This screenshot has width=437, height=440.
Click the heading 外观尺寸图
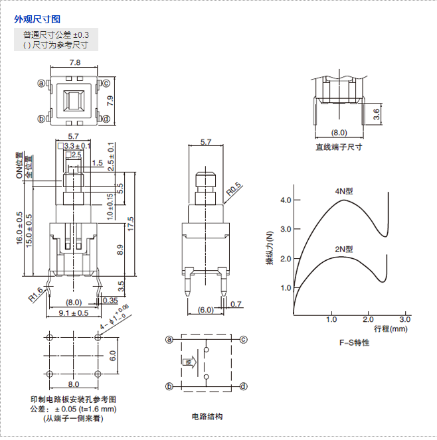pyautogui.click(x=37, y=19)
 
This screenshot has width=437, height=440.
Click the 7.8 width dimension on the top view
pyautogui.click(x=74, y=63)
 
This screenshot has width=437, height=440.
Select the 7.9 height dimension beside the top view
pyautogui.click(x=111, y=102)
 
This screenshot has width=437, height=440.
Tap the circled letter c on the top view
pyautogui.click(x=105, y=84)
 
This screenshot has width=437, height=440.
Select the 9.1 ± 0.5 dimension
pyautogui.click(x=73, y=313)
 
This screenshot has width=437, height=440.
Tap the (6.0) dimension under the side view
pyautogui.click(x=206, y=309)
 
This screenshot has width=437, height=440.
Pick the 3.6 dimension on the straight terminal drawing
pyautogui.click(x=377, y=113)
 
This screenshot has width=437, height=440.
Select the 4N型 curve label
pyautogui.click(x=344, y=190)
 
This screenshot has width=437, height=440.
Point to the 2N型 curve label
pyautogui.click(x=343, y=249)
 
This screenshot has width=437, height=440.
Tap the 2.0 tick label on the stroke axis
pyautogui.click(x=369, y=319)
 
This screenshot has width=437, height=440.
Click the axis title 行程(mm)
pyautogui.click(x=391, y=329)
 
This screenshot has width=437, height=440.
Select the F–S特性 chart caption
pyautogui.click(x=353, y=342)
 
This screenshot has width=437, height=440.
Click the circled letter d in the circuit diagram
pyautogui.click(x=243, y=386)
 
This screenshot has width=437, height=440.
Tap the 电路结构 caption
pyautogui.click(x=207, y=416)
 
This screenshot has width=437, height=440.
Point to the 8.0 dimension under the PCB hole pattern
pyautogui.click(x=73, y=384)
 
